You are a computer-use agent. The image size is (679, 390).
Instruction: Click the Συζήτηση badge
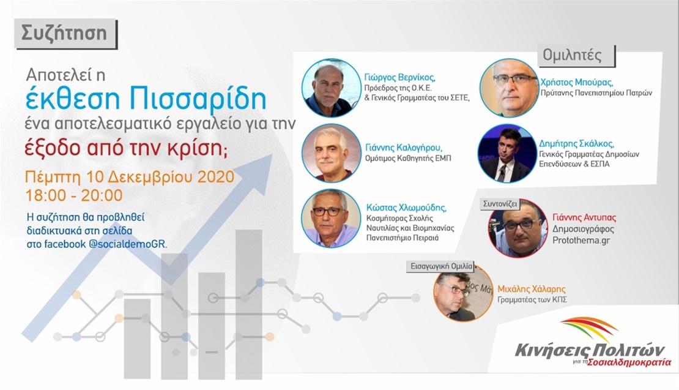65,33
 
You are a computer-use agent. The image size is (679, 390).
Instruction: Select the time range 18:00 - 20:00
74,195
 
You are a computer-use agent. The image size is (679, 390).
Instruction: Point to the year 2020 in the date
216,177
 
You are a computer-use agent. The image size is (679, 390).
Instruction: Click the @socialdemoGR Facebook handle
128,244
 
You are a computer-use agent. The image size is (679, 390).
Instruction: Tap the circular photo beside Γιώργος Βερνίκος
332,88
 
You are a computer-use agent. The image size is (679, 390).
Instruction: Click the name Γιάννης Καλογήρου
404,148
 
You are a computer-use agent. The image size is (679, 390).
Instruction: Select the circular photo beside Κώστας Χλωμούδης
332,218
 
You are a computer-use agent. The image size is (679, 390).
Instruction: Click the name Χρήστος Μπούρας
576,82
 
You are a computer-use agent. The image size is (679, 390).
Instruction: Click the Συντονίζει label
500,204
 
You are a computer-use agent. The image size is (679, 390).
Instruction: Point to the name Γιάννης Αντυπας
584,217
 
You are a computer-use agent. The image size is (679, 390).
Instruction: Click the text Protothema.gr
581,240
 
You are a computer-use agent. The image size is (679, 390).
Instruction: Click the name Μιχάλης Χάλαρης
532,289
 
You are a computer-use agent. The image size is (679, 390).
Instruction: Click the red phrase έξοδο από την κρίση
125,149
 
